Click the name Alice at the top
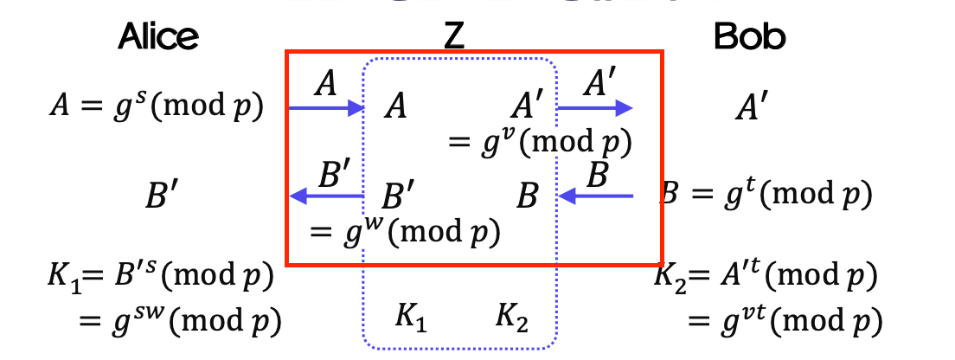(x=158, y=35)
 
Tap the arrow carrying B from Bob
(x=597, y=196)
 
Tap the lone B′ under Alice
(x=163, y=196)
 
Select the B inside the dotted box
(x=528, y=196)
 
